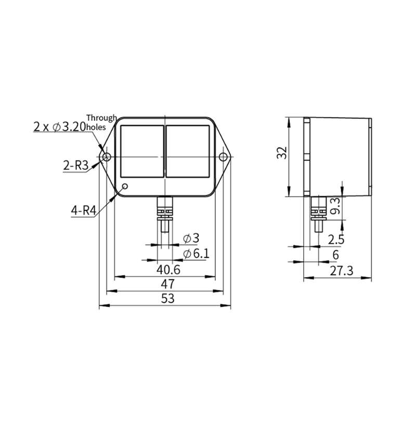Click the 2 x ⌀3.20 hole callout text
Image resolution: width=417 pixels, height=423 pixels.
tap(59, 127)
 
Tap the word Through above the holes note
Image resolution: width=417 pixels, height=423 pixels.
tap(102, 118)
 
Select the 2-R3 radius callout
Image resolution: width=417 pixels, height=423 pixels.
tap(75, 165)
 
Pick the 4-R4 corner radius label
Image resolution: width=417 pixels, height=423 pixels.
tap(84, 210)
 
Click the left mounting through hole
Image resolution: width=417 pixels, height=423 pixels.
tap(107, 157)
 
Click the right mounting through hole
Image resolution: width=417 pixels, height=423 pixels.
tap(223, 157)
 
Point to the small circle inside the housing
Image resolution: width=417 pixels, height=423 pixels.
tap(125, 186)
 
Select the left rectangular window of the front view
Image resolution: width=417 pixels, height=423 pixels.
tap(142, 152)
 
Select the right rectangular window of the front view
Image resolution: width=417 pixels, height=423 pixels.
tap(188, 152)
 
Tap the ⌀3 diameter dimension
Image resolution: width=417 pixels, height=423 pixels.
tap(191, 239)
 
